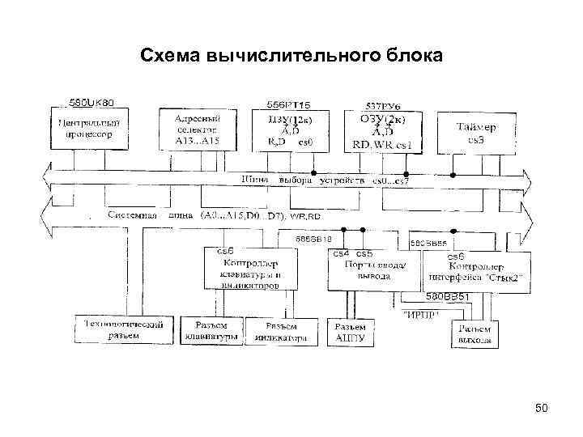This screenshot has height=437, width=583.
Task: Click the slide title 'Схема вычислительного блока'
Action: click(291, 55)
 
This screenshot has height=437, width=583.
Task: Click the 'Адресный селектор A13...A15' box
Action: click(196, 129)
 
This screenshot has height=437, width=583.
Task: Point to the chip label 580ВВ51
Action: click(448, 297)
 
